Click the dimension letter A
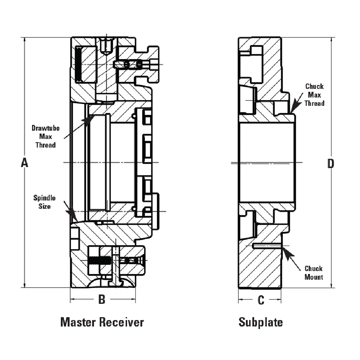point(24,163)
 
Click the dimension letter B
point(102,300)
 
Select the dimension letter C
point(261,300)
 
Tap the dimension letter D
point(330,164)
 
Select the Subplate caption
point(261,322)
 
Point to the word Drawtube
point(45,128)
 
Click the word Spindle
point(44,198)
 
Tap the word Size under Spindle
point(44,206)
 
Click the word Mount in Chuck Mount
point(314,277)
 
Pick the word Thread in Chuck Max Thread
point(314,103)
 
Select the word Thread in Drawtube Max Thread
point(45,145)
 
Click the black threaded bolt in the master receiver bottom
point(100,260)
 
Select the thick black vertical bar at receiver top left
point(78,64)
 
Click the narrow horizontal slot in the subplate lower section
point(266,246)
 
